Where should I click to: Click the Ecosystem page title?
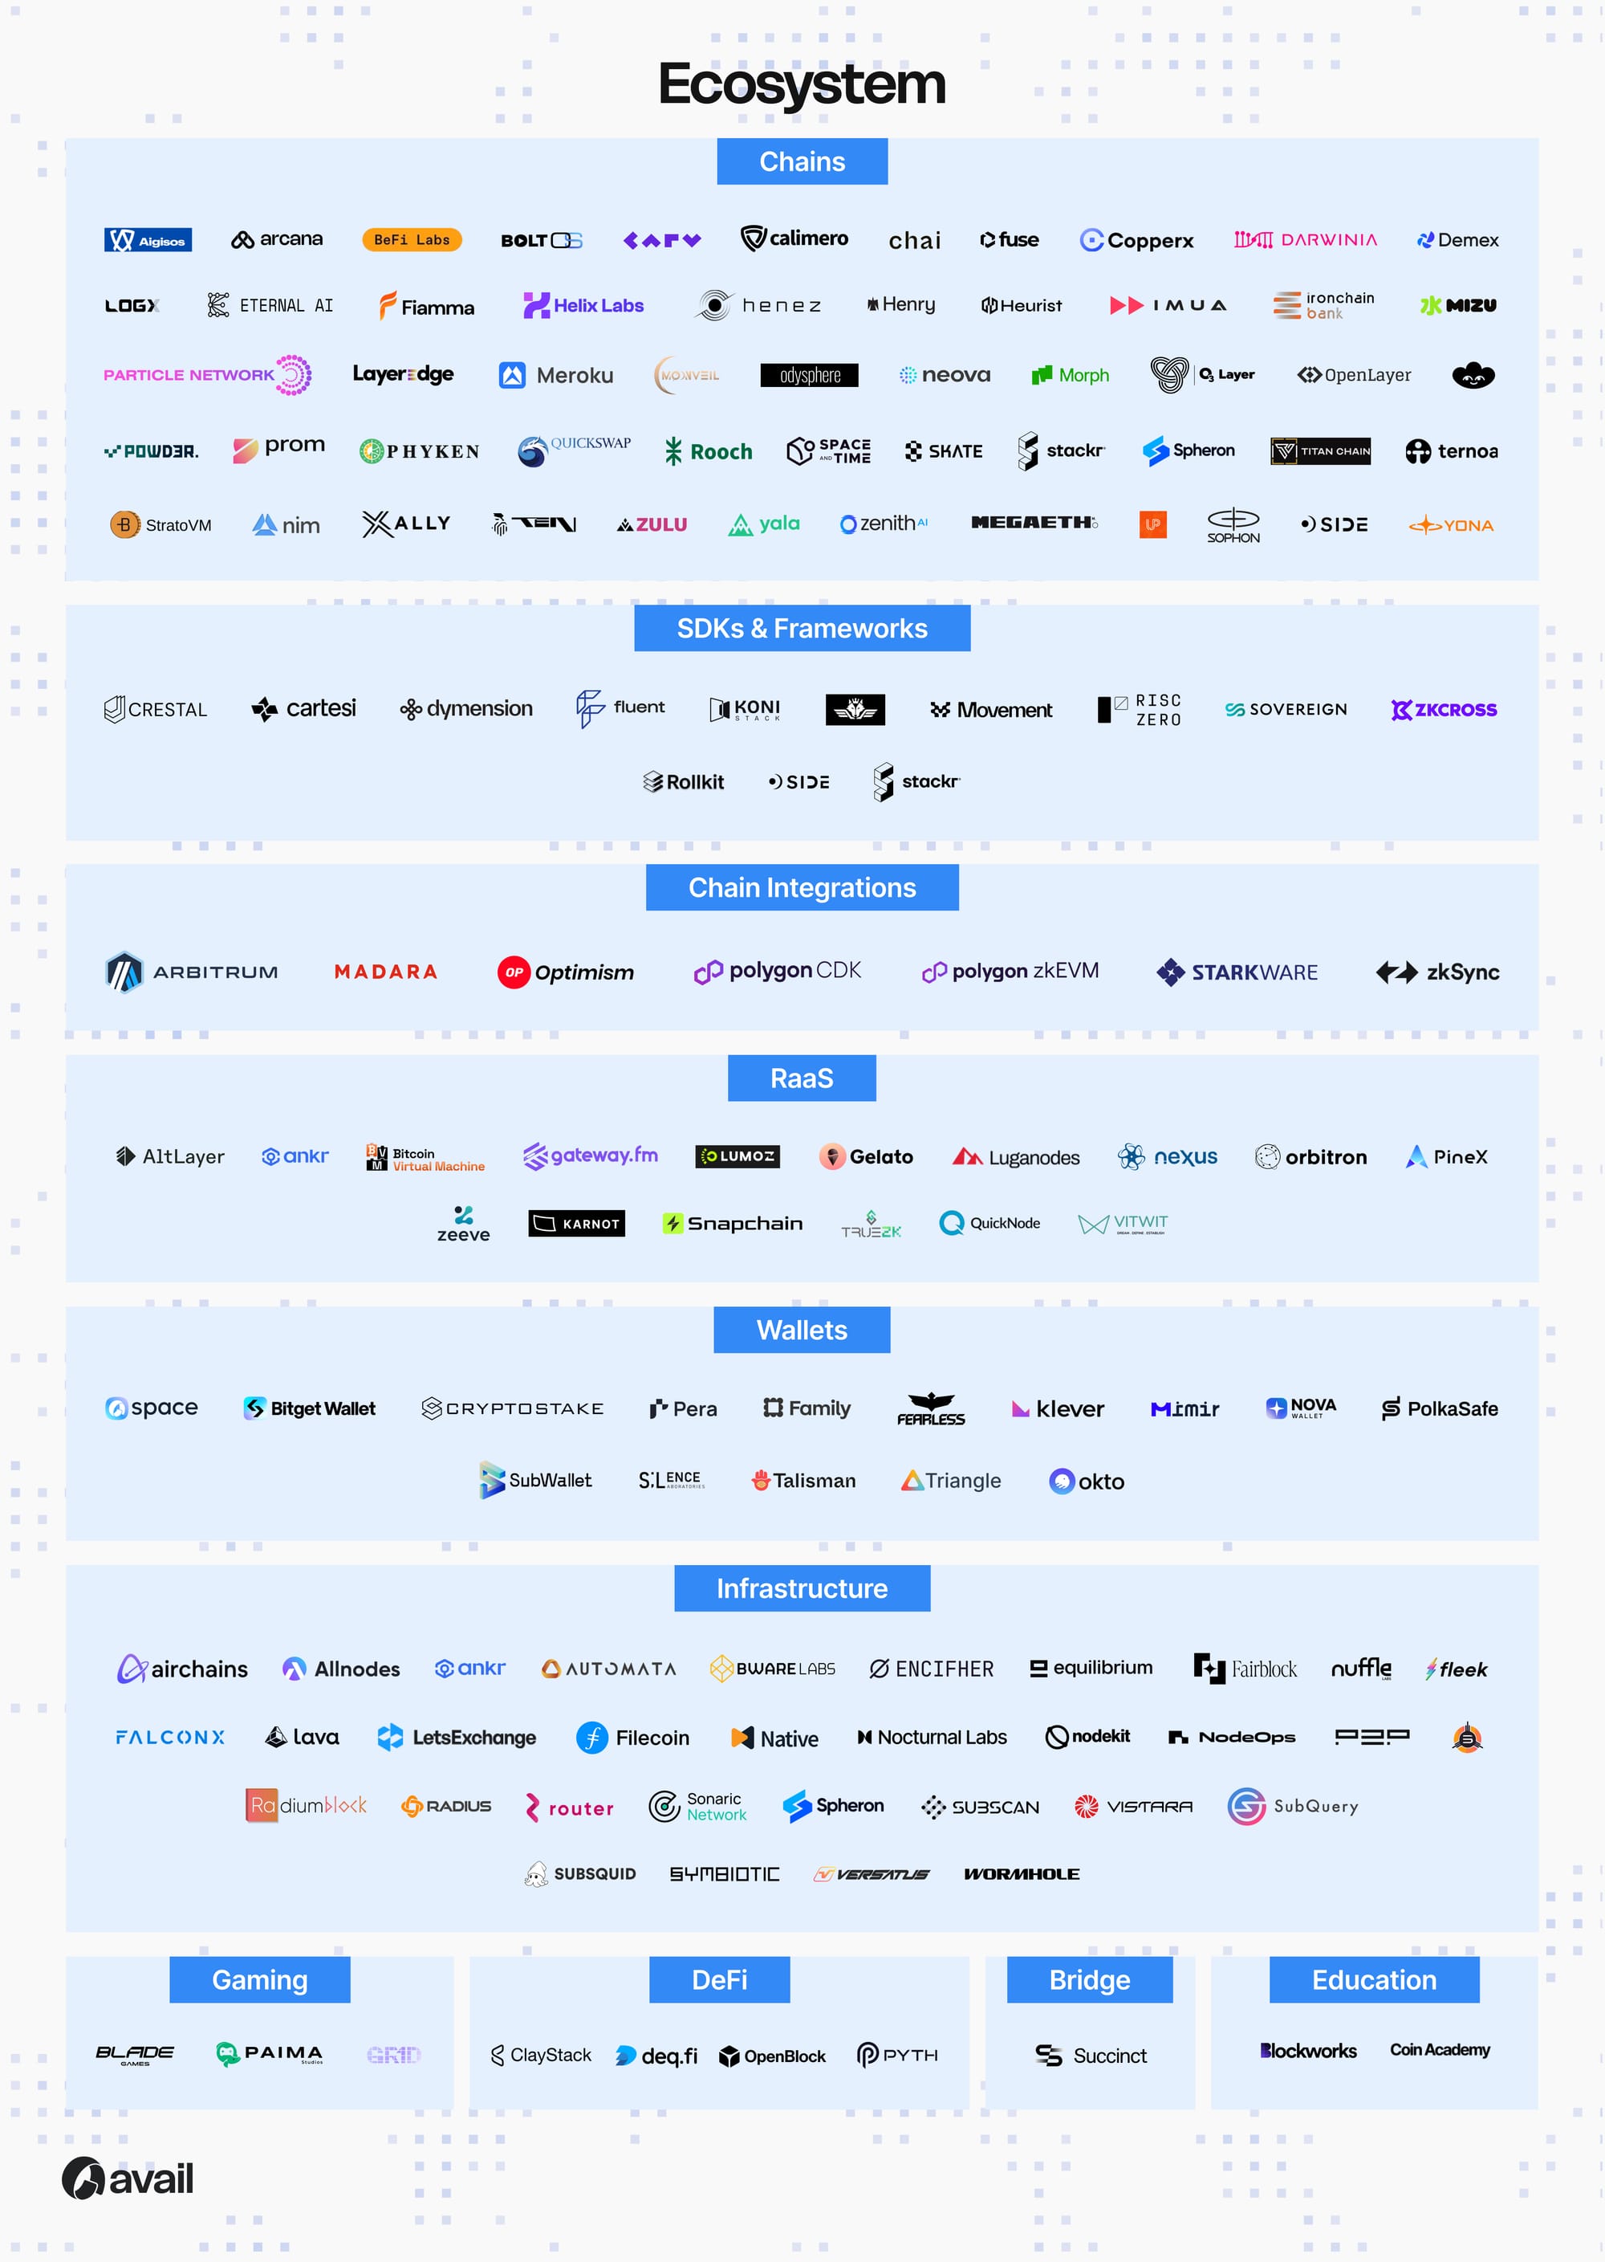click(802, 84)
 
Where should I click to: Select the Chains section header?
click(802, 161)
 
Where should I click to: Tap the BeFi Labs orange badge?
click(411, 239)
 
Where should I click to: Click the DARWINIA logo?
click(1305, 239)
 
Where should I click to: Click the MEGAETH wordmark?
click(1034, 523)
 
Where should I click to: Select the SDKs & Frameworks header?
click(802, 629)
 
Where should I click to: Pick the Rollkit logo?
click(683, 782)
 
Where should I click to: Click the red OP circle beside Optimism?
click(514, 972)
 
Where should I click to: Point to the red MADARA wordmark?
click(385, 972)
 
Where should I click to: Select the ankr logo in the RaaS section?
click(295, 1155)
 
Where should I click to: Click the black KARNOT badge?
click(576, 1223)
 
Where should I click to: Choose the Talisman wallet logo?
click(802, 1480)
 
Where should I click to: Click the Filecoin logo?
click(632, 1737)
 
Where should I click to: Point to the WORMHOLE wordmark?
click(1021, 1873)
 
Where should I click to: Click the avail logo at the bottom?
click(128, 2178)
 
